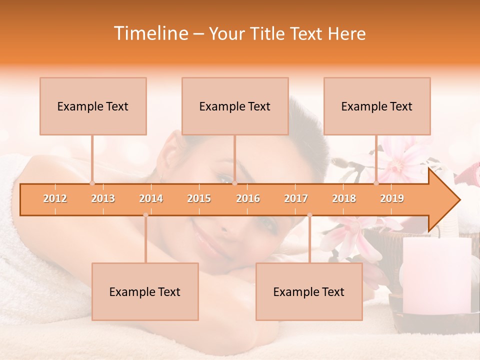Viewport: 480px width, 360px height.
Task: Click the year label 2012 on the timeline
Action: click(x=55, y=198)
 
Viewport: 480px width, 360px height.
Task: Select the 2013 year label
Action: click(x=103, y=198)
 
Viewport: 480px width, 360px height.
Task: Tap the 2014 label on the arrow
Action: click(x=151, y=198)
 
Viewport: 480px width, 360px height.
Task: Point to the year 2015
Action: click(x=199, y=198)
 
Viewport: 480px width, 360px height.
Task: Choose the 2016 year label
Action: click(x=248, y=198)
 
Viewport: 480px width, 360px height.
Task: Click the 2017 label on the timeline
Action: click(x=296, y=198)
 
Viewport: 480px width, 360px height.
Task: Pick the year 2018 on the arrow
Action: click(x=344, y=198)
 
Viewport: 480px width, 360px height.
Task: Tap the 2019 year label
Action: click(x=392, y=198)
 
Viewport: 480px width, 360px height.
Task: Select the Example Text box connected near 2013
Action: click(x=93, y=106)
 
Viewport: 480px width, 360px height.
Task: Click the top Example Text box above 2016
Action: click(x=235, y=106)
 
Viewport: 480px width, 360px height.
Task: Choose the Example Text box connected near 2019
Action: click(x=377, y=106)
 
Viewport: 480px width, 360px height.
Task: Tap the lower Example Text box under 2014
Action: click(x=145, y=291)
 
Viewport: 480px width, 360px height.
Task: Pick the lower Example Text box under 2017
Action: click(x=309, y=291)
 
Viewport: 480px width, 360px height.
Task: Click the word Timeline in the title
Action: click(x=150, y=33)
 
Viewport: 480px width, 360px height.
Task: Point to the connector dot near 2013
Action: click(x=92, y=183)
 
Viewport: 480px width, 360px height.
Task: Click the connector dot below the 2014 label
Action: click(x=145, y=215)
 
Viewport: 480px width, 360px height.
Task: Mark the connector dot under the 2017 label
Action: click(x=309, y=215)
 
